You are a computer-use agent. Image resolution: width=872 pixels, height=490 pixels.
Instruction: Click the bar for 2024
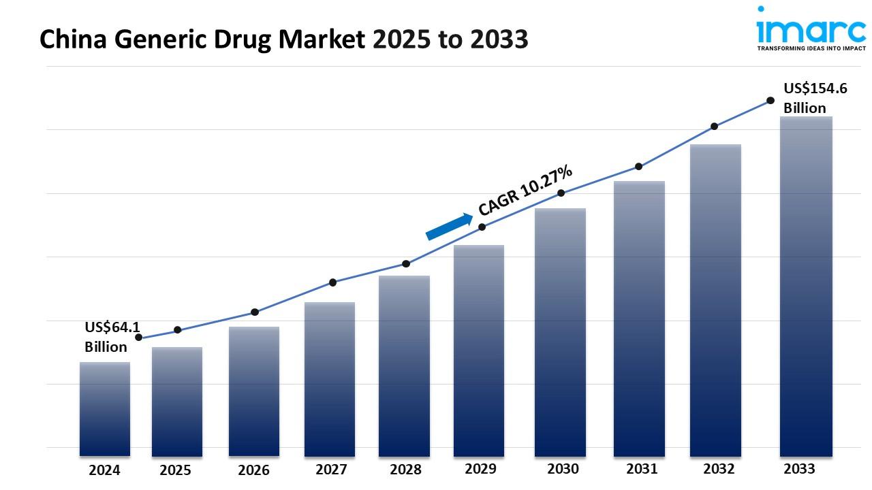point(105,409)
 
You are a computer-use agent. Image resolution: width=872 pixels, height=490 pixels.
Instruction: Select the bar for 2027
point(329,379)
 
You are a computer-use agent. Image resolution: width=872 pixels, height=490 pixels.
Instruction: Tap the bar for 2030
point(560,333)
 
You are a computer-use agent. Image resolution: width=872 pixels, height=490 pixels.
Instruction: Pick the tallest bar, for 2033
point(806,287)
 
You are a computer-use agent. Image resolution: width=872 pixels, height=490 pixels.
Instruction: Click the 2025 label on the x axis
point(175,470)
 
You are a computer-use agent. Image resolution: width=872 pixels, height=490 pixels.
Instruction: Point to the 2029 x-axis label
point(480,469)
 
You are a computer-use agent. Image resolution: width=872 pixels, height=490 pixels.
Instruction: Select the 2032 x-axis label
point(719,469)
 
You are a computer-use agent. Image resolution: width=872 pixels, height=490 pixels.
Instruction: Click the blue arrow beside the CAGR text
point(449,227)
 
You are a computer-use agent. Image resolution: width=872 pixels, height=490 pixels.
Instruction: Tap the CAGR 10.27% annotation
point(525,190)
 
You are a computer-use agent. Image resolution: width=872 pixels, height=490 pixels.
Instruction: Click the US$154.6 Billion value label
point(815,98)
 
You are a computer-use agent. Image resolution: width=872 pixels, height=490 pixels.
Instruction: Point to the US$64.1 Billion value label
point(112,337)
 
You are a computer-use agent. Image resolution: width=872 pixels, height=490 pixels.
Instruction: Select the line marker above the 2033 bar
point(770,101)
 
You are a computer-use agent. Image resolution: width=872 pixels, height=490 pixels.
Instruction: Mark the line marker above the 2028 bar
point(405,264)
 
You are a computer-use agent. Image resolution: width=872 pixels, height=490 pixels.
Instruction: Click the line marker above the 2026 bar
point(255,312)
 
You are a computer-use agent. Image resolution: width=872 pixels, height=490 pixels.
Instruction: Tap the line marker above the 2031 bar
point(638,167)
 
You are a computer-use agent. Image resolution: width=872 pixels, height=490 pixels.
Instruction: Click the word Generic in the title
point(159,39)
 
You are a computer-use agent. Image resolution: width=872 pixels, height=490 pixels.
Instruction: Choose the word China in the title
point(73,39)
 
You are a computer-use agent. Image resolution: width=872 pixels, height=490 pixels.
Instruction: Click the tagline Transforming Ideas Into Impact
point(811,48)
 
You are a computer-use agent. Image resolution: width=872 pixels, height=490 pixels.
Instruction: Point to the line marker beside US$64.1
point(138,337)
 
